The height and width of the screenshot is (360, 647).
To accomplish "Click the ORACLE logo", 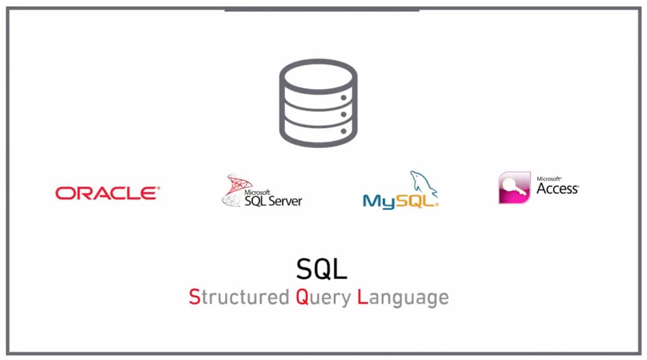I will tap(107, 193).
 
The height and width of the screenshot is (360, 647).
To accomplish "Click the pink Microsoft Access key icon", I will tap(514, 188).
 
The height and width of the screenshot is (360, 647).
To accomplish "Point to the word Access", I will tap(557, 189).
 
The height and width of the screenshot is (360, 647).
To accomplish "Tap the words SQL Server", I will tap(273, 200).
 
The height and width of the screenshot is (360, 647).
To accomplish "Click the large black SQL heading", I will tap(321, 269).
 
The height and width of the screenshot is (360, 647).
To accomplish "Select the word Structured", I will tap(239, 297).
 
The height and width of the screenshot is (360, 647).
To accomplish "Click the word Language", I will tap(403, 297).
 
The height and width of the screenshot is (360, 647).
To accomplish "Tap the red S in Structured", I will tap(194, 297).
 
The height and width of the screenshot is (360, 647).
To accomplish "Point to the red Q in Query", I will tap(302, 297).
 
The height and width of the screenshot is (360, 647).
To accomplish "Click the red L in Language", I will tap(362, 297).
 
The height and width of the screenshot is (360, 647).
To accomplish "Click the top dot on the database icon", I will tap(343, 98).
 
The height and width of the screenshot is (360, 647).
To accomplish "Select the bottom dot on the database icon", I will tap(343, 131).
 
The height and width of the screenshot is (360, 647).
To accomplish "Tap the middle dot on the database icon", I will tap(343, 114).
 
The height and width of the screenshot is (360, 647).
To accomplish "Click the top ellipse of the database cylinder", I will tap(318, 75).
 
